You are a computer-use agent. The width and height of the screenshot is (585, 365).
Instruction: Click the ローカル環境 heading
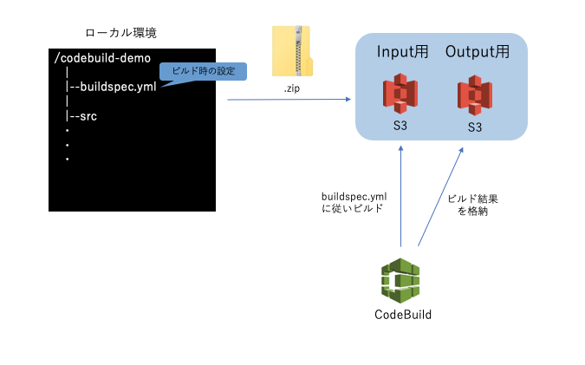[x=120, y=34]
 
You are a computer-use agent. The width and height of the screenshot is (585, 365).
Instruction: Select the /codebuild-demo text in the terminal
[x=101, y=59]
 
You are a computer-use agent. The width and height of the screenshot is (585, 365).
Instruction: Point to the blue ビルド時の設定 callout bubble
[x=204, y=71]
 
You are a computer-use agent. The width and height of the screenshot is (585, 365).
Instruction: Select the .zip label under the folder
[x=292, y=89]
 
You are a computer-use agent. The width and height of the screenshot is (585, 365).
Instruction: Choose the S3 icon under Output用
[x=475, y=96]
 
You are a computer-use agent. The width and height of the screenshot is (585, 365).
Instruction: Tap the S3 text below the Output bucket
[x=475, y=127]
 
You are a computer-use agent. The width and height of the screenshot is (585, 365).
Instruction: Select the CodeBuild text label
[x=402, y=315]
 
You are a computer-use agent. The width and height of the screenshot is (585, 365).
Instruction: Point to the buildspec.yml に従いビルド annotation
[x=354, y=202]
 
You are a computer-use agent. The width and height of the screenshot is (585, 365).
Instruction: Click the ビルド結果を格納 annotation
[x=472, y=205]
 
